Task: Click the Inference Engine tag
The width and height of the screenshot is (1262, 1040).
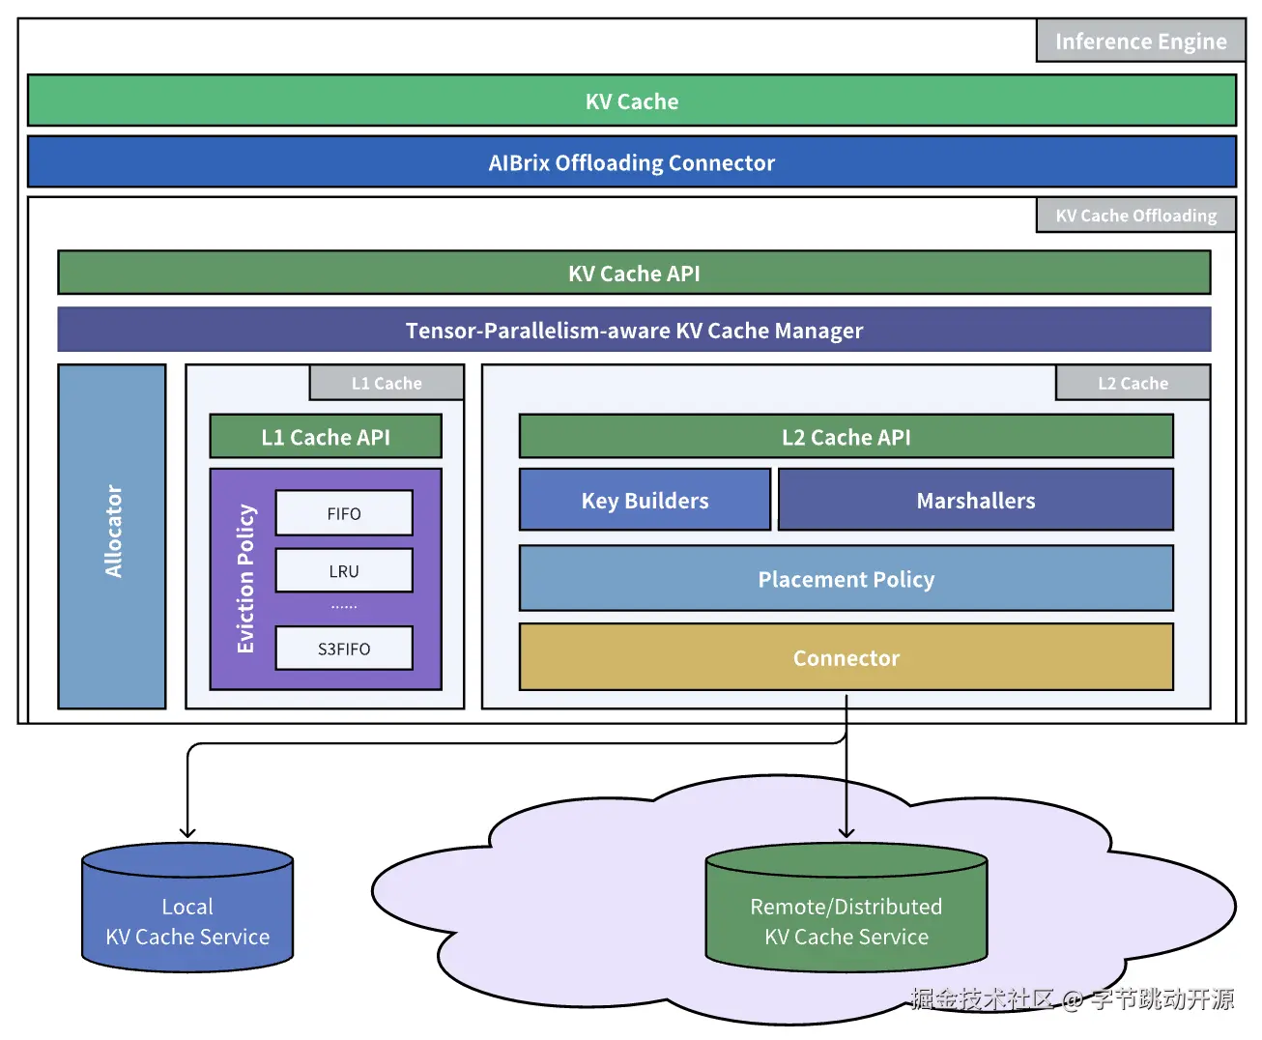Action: (x=1140, y=42)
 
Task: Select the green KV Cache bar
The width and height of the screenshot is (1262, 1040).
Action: (x=632, y=101)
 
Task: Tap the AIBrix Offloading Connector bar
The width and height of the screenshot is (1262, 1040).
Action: (x=632, y=162)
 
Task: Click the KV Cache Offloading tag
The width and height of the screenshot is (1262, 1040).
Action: (x=1135, y=216)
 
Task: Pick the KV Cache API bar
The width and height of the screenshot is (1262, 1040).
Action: (x=634, y=274)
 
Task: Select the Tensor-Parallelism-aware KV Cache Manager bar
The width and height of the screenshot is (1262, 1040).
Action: (x=634, y=331)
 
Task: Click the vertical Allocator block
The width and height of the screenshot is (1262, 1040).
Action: (x=112, y=535)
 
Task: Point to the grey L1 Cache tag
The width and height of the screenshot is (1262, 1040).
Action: (x=387, y=384)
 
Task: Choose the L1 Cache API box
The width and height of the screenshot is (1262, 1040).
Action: (x=326, y=437)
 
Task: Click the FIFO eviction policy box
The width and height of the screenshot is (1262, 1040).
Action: (x=344, y=513)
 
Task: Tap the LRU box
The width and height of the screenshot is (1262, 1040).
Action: (x=344, y=571)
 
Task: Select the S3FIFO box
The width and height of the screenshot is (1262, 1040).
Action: (x=344, y=649)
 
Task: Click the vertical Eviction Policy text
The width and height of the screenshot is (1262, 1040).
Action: (x=245, y=578)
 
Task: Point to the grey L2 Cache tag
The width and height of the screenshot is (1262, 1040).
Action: (x=1133, y=384)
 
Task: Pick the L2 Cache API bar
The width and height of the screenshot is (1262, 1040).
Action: (x=846, y=437)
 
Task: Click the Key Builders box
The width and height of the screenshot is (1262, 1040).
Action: (x=645, y=501)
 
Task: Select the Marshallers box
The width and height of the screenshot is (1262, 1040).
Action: (x=976, y=501)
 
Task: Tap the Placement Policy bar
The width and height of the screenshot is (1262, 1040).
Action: (x=846, y=579)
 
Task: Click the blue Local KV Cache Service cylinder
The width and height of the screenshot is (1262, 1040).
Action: (x=187, y=913)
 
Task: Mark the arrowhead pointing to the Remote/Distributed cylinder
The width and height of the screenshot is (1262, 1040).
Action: (x=846, y=832)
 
